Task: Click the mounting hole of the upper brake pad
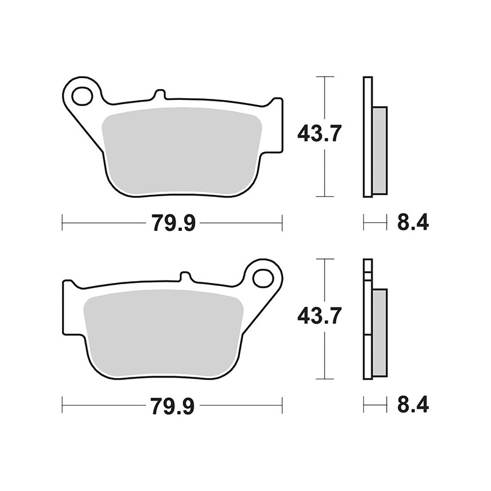pyautogui.click(x=82, y=96)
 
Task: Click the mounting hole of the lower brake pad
pyautogui.click(x=263, y=279)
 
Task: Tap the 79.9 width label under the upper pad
pyautogui.click(x=174, y=223)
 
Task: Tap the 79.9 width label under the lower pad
pyautogui.click(x=173, y=406)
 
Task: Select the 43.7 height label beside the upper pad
pyautogui.click(x=319, y=133)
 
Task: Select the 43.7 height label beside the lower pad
pyautogui.click(x=319, y=315)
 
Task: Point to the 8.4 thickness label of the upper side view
pyautogui.click(x=413, y=223)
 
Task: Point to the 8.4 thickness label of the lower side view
pyautogui.click(x=413, y=406)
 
